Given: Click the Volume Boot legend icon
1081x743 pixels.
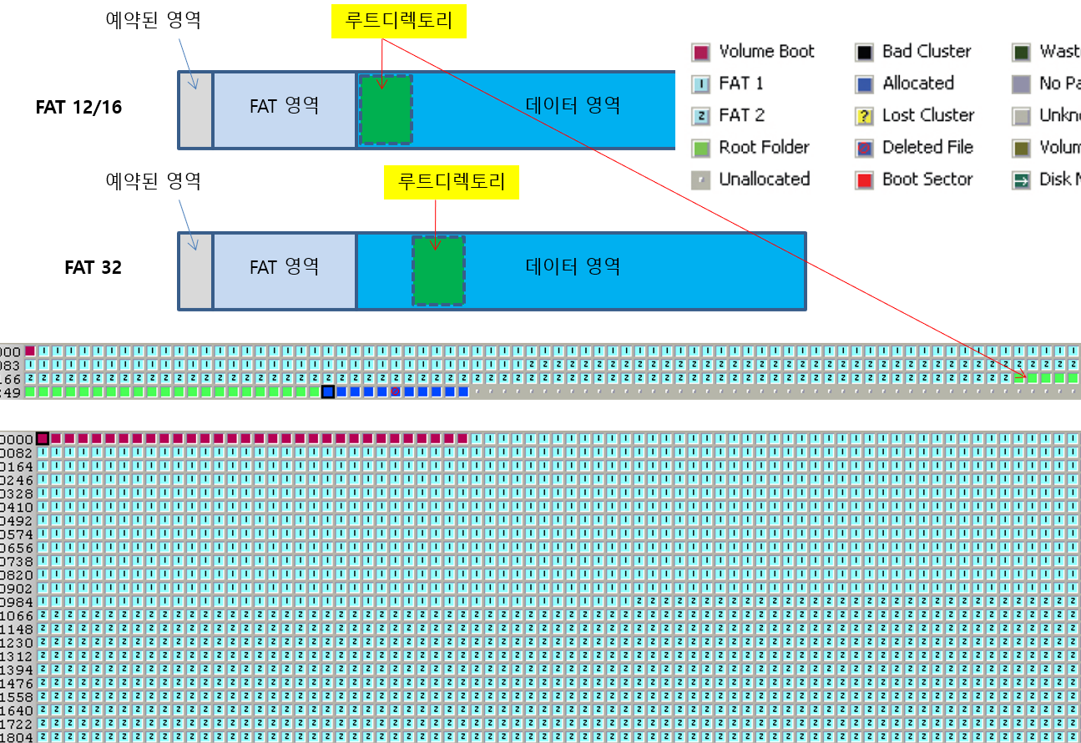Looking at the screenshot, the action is tap(700, 53).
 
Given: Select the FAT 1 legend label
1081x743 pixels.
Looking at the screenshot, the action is tap(740, 83).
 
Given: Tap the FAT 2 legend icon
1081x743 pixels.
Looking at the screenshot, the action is tap(700, 116).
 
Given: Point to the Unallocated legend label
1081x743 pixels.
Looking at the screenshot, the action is tap(764, 179).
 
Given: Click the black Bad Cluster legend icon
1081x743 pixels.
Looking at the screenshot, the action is tap(864, 53).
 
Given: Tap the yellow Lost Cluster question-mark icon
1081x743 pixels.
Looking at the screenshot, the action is tap(864, 116).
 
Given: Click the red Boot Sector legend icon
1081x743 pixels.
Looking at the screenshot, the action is tap(864, 179).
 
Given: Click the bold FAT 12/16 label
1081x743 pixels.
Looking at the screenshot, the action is tap(78, 107).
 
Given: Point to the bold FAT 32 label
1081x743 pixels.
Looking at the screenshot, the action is tap(93, 268).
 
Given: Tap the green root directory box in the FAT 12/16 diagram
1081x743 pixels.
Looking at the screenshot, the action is tap(386, 109).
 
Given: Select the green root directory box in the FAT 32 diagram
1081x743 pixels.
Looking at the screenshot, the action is tap(438, 270).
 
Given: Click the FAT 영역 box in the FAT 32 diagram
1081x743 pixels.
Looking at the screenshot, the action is tap(284, 268).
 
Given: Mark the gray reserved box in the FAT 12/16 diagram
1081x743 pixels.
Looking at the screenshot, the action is tap(196, 109).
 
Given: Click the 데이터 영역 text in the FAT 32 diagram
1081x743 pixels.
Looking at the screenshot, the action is tap(573, 267).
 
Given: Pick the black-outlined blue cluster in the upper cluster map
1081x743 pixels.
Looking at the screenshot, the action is tap(328, 392).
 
